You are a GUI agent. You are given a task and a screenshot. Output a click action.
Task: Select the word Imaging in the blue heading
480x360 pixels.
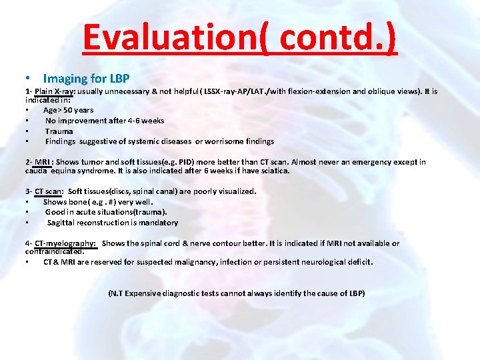(65, 79)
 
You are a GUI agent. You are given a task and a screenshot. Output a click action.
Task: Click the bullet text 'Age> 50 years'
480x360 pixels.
(68, 110)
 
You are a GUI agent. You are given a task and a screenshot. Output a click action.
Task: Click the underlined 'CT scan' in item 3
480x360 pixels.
(49, 191)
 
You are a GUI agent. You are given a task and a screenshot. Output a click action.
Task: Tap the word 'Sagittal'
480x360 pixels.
(62, 223)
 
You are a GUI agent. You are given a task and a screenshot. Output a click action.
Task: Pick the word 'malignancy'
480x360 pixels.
(200, 262)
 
